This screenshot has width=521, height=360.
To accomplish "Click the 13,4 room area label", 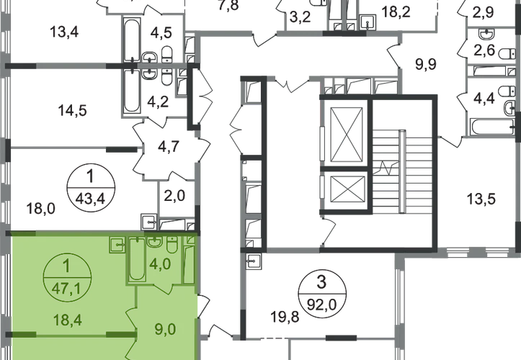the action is click(x=64, y=32).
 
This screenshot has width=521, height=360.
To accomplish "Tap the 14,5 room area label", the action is click(x=73, y=110).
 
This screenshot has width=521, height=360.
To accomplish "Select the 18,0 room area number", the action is click(x=41, y=209).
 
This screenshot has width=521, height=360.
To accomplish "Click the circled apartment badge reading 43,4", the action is click(x=91, y=188).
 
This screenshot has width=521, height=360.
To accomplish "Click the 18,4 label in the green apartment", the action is click(x=68, y=320).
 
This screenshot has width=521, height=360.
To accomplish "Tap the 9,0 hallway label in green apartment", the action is click(x=165, y=330).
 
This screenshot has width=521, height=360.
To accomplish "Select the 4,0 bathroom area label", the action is click(x=160, y=265).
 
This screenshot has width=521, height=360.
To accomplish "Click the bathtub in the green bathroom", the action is click(x=137, y=259).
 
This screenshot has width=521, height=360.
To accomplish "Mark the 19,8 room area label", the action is click(x=285, y=317).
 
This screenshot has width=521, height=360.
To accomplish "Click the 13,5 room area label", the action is click(x=481, y=199).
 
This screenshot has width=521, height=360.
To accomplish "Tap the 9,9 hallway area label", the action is click(x=426, y=64).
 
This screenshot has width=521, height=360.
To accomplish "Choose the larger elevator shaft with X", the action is click(x=347, y=134).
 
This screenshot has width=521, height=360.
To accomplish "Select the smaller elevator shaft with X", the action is click(x=346, y=189).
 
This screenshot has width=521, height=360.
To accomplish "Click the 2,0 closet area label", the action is click(x=174, y=196).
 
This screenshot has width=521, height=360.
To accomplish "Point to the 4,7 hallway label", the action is click(x=169, y=146).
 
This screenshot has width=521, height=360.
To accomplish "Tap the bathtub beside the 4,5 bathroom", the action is click(x=133, y=40).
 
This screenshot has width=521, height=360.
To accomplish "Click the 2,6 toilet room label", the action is click(x=485, y=50).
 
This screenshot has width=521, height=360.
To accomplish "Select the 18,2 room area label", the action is click(x=396, y=12).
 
